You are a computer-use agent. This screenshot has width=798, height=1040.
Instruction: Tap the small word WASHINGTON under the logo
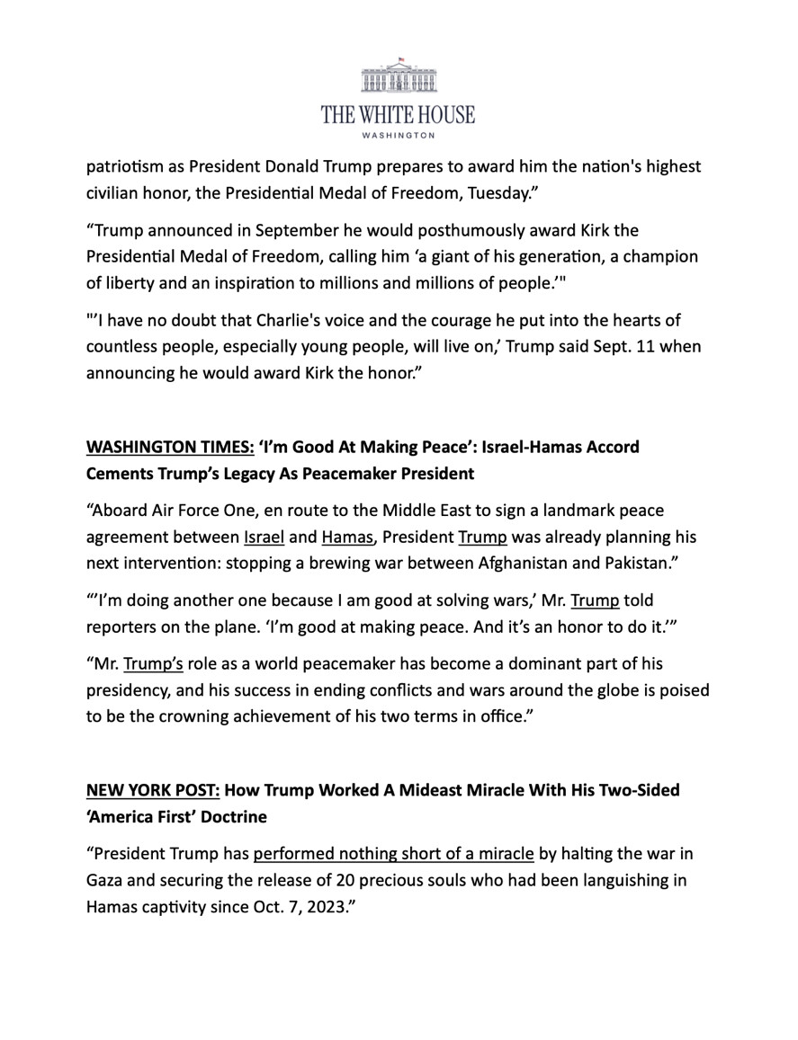pos(399,136)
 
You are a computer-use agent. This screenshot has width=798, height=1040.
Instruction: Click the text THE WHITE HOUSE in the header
pos(399,115)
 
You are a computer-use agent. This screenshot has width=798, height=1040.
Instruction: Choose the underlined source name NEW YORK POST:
pos(152,790)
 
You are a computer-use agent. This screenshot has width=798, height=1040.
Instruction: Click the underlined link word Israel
pos(264,537)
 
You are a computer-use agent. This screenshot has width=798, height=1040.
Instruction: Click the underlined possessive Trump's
pos(153,663)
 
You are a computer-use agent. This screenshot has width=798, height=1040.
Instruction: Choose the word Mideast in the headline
pos(393,790)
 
